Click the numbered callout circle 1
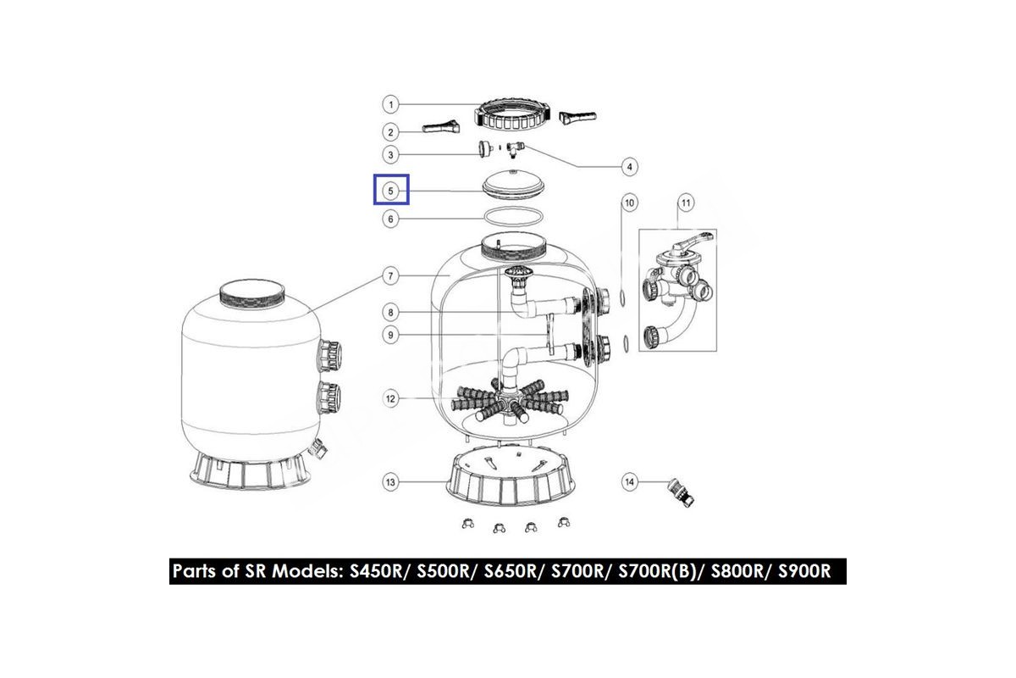coord(390,104)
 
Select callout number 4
coord(629,167)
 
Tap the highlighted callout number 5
coord(390,191)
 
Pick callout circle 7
coord(390,275)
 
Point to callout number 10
coord(629,203)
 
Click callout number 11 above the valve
coord(685,203)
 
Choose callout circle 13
coord(390,482)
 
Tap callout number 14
coord(629,481)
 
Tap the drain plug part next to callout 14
coord(681,492)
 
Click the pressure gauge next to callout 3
coord(486,148)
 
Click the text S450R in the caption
coord(376,571)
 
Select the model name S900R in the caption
coord(804,571)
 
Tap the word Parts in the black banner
coord(195,571)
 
